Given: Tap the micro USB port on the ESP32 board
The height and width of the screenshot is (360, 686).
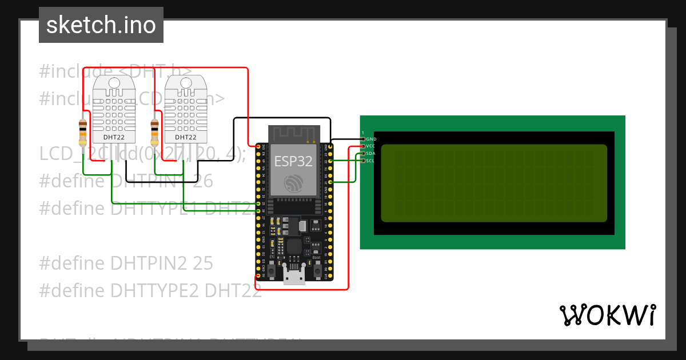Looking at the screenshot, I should [294, 278].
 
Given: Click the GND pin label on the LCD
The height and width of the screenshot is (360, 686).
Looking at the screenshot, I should [371, 139].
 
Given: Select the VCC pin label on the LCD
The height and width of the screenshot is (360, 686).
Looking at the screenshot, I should [370, 146].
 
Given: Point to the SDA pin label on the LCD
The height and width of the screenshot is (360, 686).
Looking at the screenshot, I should [370, 153].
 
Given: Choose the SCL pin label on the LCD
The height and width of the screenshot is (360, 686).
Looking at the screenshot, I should [370, 161].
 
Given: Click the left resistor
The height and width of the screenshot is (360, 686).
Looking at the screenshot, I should [83, 133].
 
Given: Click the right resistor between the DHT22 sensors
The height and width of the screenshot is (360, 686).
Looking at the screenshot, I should [154, 133].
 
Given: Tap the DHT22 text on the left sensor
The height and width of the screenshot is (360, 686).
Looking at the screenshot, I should [114, 137].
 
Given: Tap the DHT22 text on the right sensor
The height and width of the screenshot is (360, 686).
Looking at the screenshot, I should [186, 137].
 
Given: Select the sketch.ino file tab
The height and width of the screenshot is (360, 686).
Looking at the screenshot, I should [101, 25].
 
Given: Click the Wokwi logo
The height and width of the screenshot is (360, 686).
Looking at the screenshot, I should [607, 315].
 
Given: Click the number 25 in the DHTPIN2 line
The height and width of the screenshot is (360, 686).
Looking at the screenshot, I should [203, 263].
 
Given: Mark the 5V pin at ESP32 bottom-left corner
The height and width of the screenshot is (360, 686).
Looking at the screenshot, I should [258, 276].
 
